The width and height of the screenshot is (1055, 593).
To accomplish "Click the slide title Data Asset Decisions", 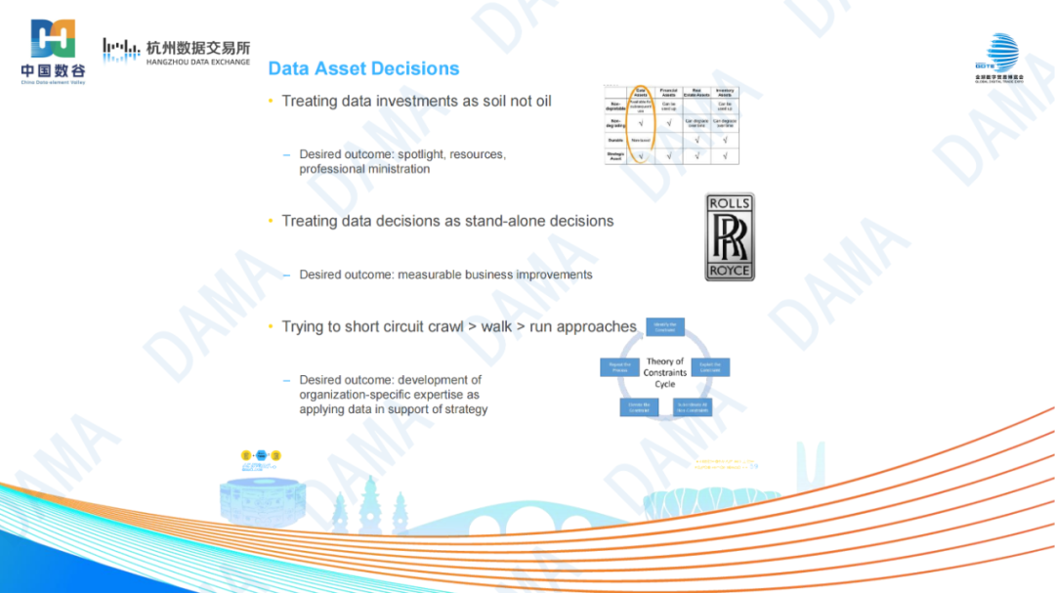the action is pyautogui.click(x=363, y=68).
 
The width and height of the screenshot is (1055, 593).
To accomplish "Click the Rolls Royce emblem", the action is pyautogui.click(x=730, y=237).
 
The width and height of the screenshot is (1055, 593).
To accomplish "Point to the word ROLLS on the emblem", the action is pyautogui.click(x=730, y=203).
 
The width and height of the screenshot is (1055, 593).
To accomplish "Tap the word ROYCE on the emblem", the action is pyautogui.click(x=730, y=271).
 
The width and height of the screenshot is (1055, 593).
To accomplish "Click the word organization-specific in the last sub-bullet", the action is pyautogui.click(x=356, y=395).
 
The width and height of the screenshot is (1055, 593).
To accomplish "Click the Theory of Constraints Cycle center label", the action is pyautogui.click(x=665, y=372).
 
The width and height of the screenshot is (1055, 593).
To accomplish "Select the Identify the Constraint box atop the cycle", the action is pyautogui.click(x=665, y=326).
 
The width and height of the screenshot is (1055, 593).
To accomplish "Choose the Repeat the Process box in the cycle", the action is pyautogui.click(x=619, y=367).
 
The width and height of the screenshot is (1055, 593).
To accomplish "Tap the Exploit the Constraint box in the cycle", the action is pyautogui.click(x=710, y=367).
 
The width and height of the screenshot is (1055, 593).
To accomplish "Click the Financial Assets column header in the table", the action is pyautogui.click(x=669, y=92).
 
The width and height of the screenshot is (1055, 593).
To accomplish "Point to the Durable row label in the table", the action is pyautogui.click(x=615, y=140).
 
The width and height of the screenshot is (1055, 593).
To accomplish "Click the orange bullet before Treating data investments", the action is pyautogui.click(x=272, y=102).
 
